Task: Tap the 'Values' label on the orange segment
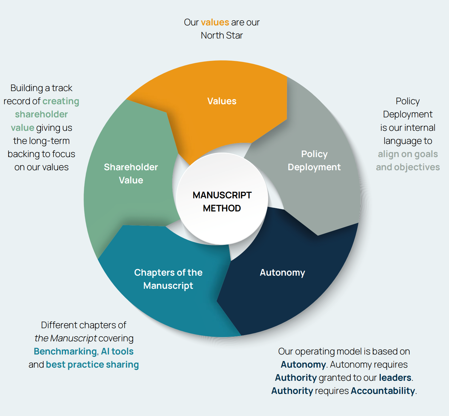tap(222, 101)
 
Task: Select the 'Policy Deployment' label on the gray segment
tap(314, 161)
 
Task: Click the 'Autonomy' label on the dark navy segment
tap(282, 273)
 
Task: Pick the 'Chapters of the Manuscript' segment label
tap(168, 279)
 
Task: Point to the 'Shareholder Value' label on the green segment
tap(131, 174)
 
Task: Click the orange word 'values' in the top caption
tap(215, 22)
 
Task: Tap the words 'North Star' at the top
tap(222, 36)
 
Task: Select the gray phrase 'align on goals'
tap(407, 154)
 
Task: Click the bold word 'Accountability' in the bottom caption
tap(383, 391)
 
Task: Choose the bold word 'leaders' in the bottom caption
tap(395, 378)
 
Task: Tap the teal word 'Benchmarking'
tap(65, 351)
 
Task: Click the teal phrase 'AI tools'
tap(117, 351)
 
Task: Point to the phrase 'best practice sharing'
tap(92, 365)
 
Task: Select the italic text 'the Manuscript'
tap(65, 338)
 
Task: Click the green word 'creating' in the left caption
tap(61, 101)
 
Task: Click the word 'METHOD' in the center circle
tap(222, 208)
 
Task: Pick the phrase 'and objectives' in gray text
tap(407, 167)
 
